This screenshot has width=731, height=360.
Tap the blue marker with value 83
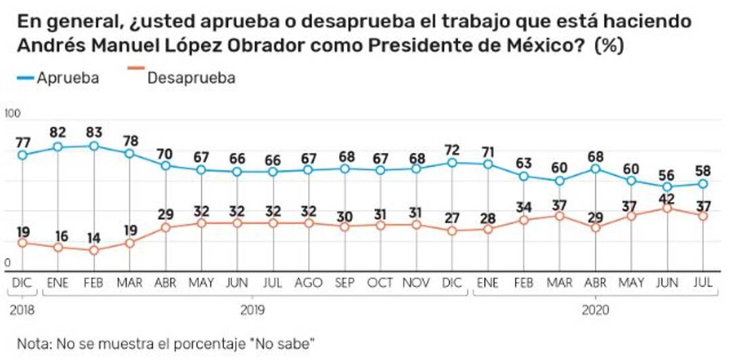[94, 145]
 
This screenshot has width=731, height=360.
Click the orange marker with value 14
[94, 250]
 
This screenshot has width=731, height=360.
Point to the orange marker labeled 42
[667, 208]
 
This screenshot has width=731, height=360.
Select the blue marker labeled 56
[667, 187]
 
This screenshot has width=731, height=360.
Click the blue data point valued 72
[452, 162]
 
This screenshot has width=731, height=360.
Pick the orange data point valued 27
[452, 230]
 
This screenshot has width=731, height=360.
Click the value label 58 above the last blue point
[703, 169]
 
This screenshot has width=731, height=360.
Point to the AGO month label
[309, 283]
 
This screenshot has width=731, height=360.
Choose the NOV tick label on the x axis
[417, 283]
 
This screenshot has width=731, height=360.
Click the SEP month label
[345, 283]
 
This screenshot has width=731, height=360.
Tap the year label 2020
[596, 311]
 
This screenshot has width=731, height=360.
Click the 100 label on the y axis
[12, 113]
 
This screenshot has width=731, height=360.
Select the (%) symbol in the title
[609, 47]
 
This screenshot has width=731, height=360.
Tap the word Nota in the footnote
[32, 343]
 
